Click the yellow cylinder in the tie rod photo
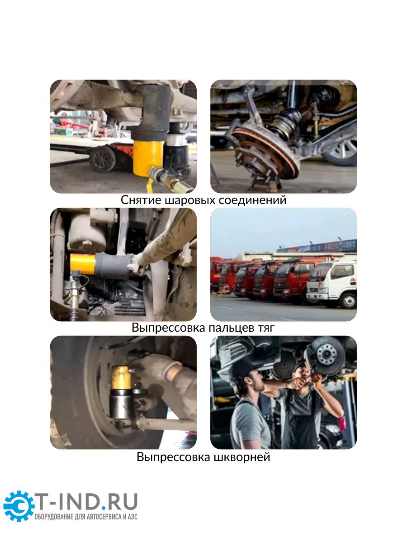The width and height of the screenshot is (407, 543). [83, 264]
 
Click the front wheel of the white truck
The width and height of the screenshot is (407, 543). [348, 300]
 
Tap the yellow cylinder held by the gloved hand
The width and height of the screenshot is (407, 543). [121, 378]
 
